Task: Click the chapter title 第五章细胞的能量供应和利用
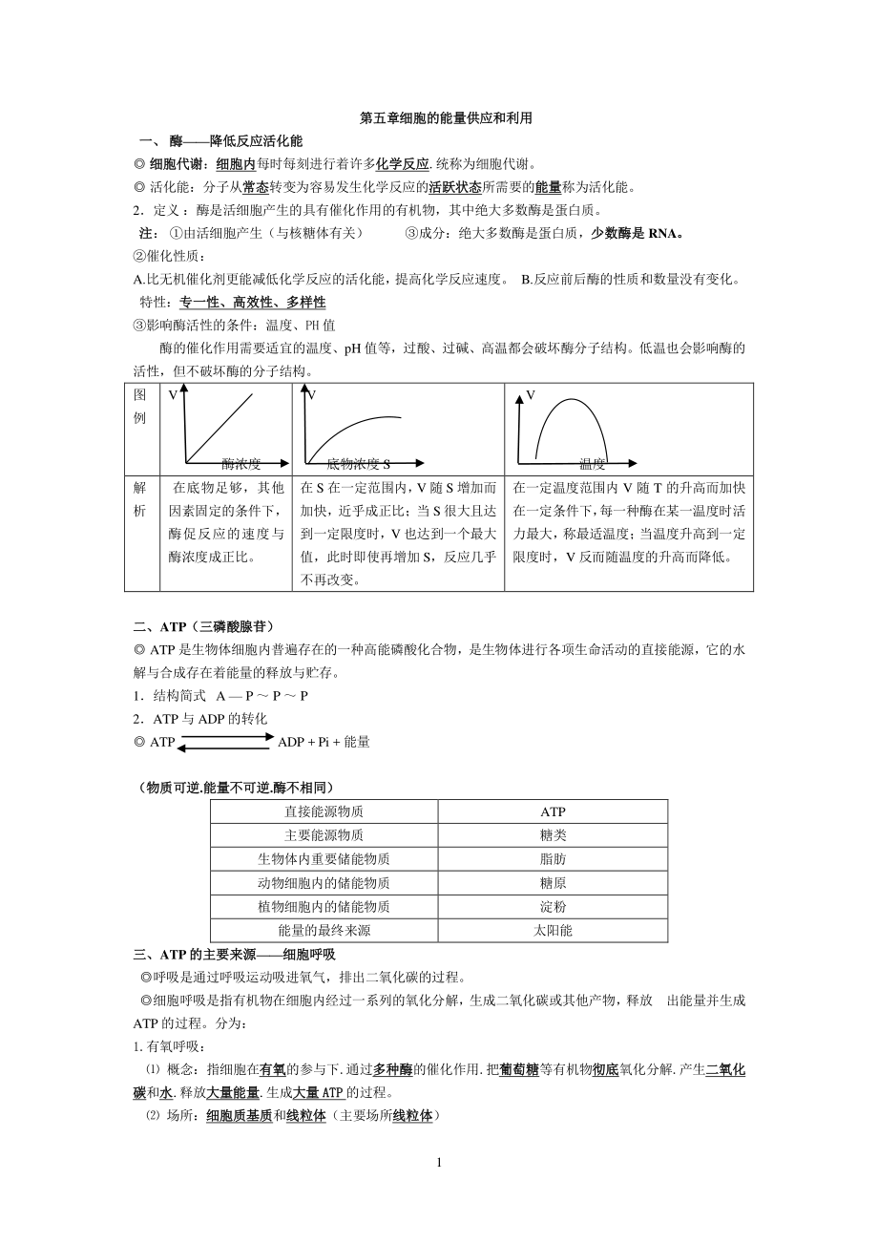tap(439, 119)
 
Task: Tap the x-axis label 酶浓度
tap(240, 464)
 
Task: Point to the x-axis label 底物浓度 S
tap(358, 464)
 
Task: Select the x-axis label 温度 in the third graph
tap(592, 464)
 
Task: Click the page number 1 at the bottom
tap(439, 1163)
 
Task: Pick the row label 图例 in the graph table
tap(140, 406)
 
